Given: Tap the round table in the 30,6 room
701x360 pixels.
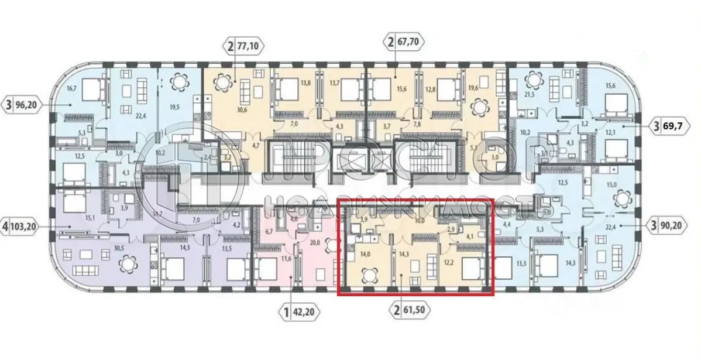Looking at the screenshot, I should tap(224, 83).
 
